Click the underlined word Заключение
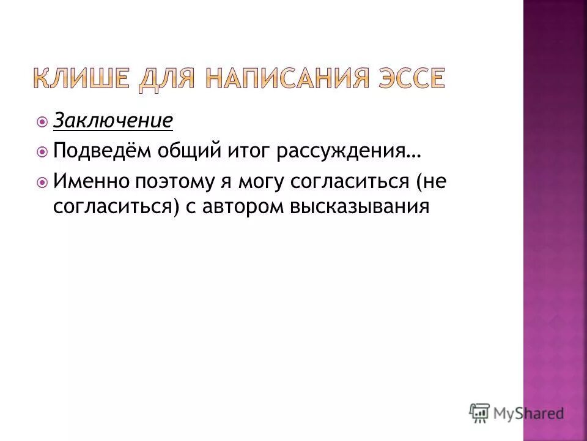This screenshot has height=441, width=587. (113, 121)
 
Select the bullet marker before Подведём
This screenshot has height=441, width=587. (42, 150)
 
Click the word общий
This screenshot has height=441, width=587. (178, 150)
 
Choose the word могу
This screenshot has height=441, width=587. (254, 181)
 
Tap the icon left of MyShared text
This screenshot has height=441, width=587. (479, 413)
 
